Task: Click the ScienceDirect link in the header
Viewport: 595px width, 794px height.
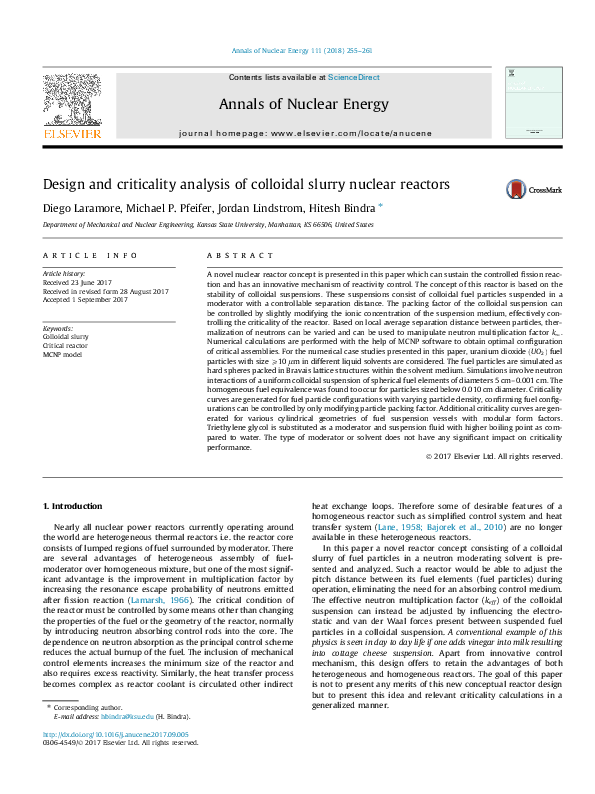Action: pos(355,77)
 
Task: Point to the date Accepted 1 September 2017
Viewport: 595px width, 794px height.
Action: pos(85,300)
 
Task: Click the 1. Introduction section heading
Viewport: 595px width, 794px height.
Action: pos(76,511)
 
